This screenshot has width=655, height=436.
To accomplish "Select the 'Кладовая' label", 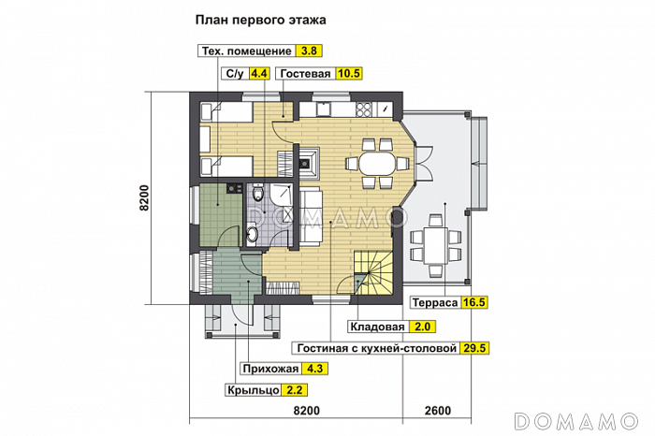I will (x=377, y=327).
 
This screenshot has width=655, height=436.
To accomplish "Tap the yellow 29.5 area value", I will (x=474, y=348).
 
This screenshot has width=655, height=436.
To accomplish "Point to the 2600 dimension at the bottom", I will (x=437, y=410).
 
